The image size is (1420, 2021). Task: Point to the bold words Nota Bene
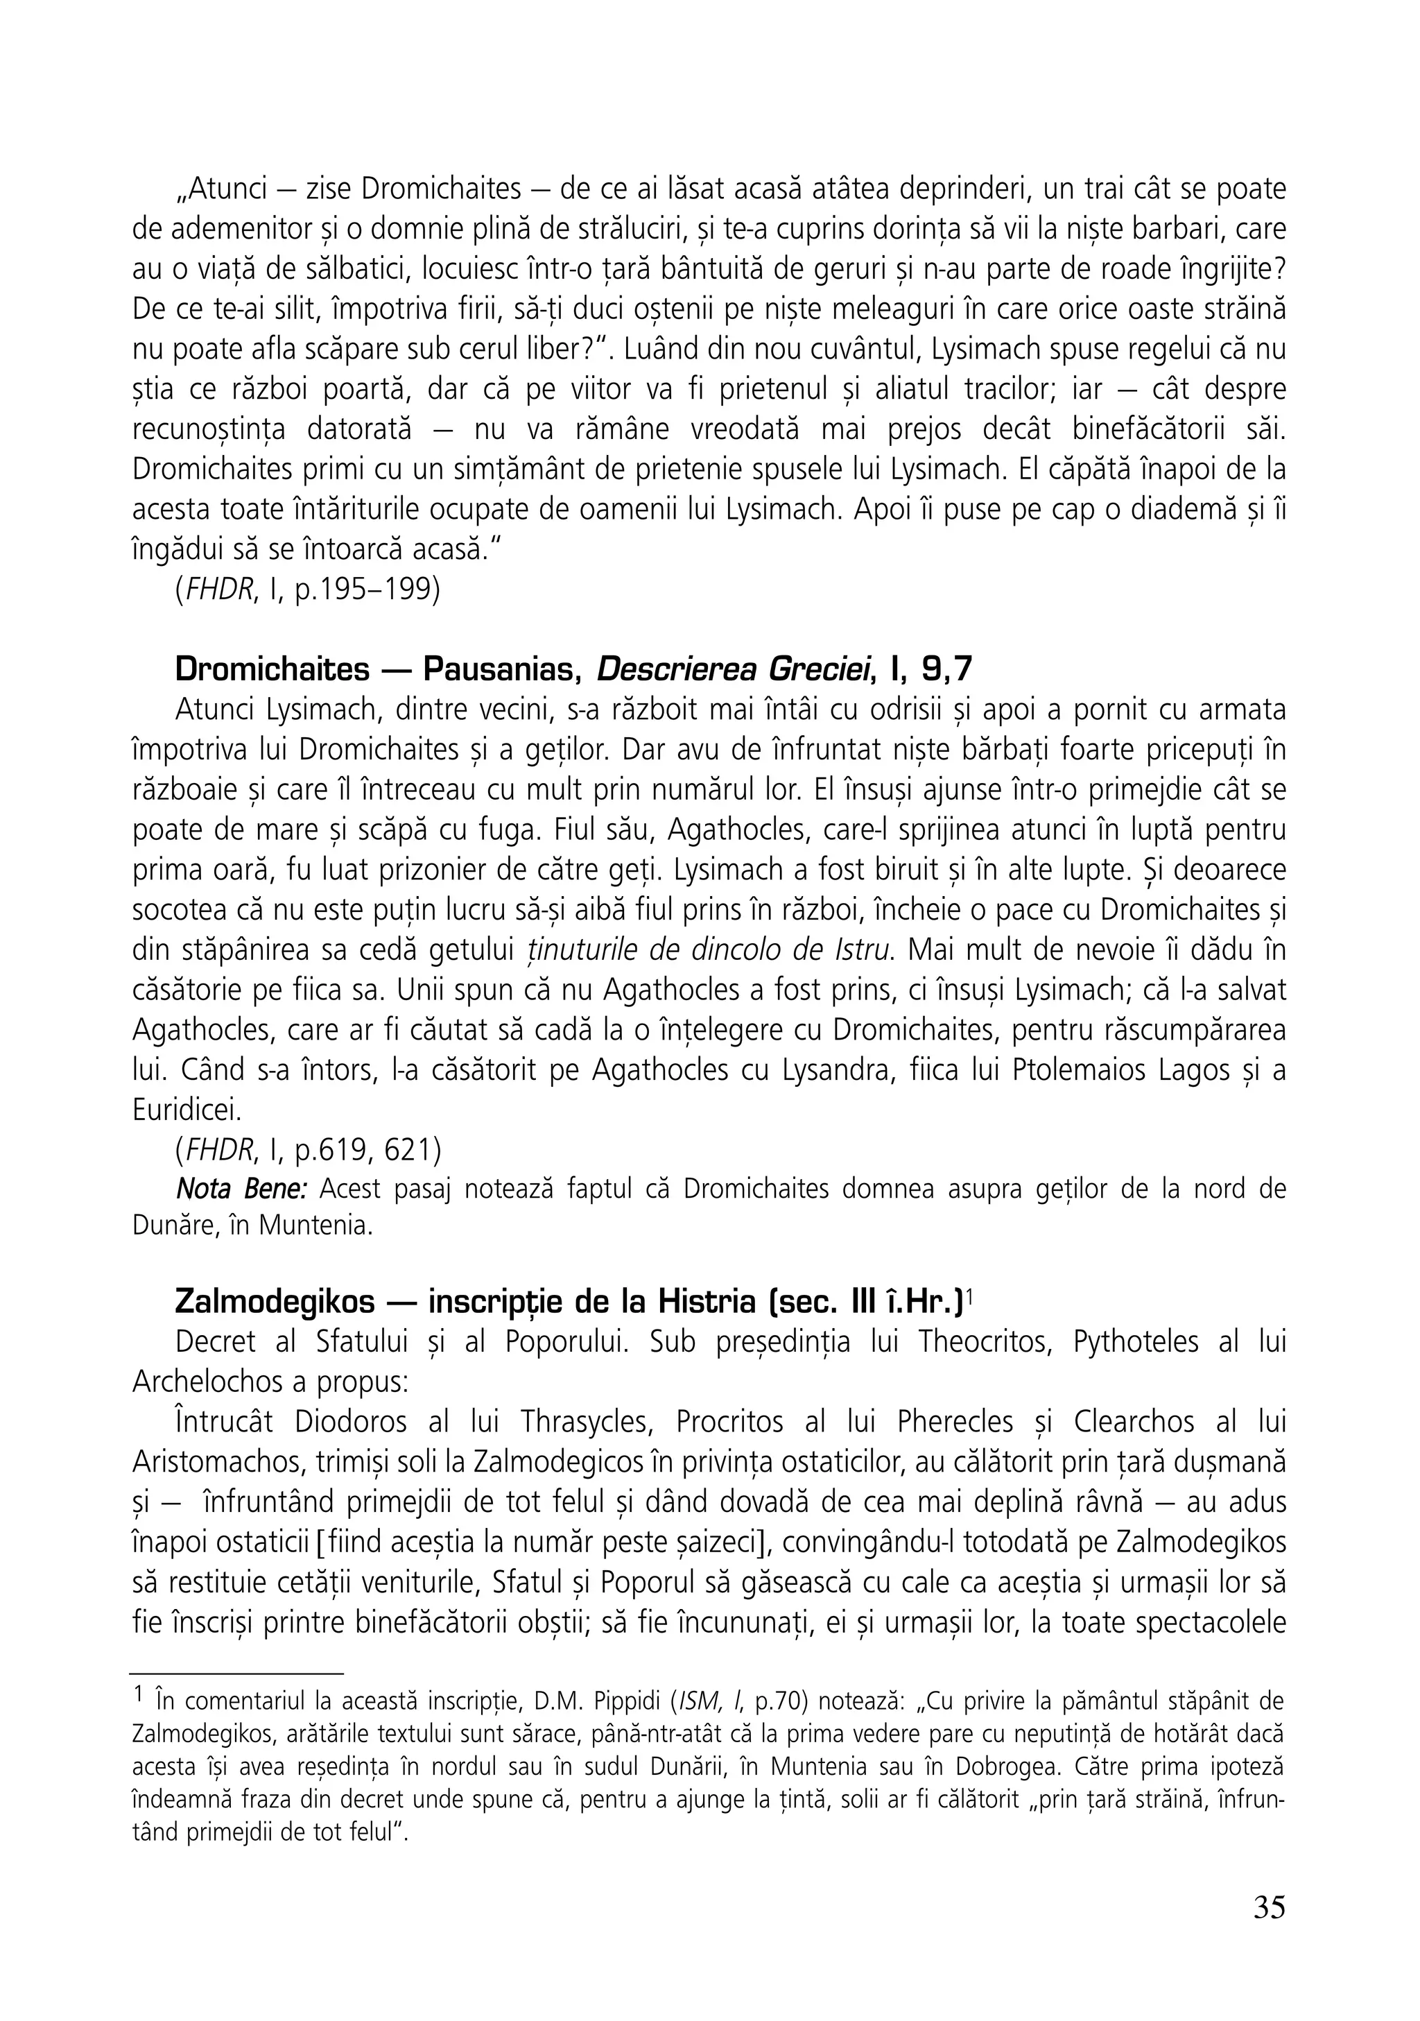[x=241, y=1189]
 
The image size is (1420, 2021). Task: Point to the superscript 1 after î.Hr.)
[x=969, y=1295]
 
